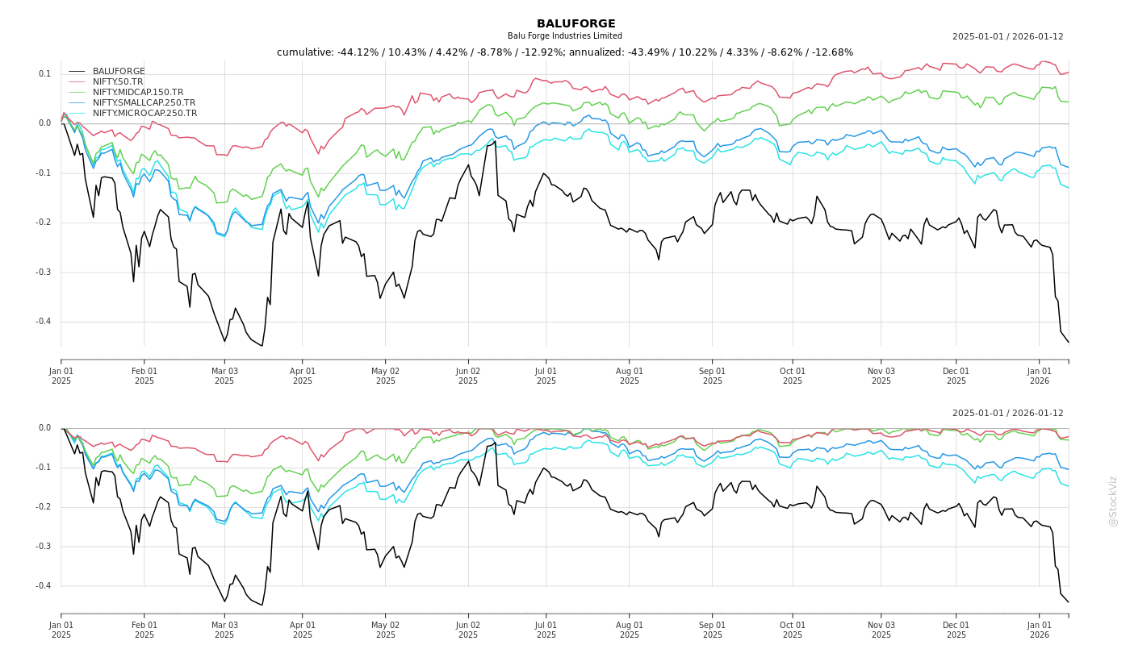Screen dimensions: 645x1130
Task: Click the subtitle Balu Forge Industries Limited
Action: click(565, 36)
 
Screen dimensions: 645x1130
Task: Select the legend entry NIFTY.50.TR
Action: click(118, 82)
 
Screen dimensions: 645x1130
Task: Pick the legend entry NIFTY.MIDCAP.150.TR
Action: click(138, 93)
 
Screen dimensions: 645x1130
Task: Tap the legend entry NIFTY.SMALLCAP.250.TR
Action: click(144, 103)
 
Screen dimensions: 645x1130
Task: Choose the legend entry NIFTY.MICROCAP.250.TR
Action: click(144, 114)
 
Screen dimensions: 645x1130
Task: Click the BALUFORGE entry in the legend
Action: click(119, 72)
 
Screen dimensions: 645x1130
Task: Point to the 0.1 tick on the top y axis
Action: click(44, 74)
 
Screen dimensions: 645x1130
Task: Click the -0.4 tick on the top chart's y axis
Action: click(43, 322)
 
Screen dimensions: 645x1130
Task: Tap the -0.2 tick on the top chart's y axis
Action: click(43, 223)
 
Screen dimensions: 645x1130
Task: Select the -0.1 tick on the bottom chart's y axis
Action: click(43, 468)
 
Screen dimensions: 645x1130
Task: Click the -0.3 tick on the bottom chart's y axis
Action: click(43, 547)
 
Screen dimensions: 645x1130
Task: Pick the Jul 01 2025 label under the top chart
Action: click(546, 376)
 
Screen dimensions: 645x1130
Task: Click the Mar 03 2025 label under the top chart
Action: click(224, 376)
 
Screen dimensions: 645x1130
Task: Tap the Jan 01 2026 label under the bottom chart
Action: click(1040, 630)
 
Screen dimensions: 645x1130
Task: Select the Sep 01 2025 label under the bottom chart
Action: click(713, 630)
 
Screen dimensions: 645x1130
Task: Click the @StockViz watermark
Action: click(1114, 501)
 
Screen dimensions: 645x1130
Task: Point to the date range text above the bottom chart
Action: click(1007, 414)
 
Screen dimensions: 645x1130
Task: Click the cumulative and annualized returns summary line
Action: click(565, 52)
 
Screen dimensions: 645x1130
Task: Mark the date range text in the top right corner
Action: click(1007, 37)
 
